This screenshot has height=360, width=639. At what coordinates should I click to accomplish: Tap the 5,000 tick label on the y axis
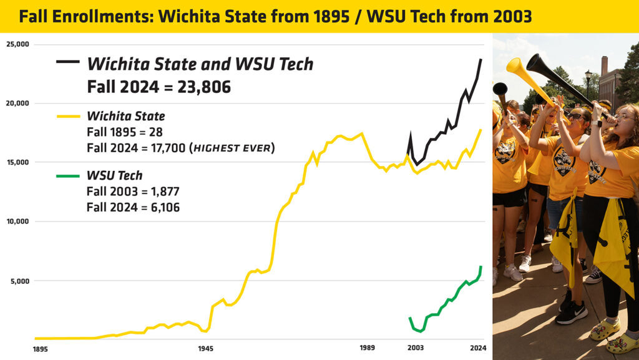(x=19, y=281)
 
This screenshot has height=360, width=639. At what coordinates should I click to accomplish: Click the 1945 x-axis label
(x=207, y=349)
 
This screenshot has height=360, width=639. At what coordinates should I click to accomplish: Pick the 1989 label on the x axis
(x=368, y=348)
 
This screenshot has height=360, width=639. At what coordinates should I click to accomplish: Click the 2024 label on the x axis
(x=478, y=348)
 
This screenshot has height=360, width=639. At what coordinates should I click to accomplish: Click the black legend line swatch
(x=67, y=62)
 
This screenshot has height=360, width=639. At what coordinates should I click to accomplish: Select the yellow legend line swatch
(x=67, y=116)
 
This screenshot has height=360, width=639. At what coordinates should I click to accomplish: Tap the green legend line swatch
(x=67, y=175)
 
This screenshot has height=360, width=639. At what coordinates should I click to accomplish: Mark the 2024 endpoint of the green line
(x=481, y=267)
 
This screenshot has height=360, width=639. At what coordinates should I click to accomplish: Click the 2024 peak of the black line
(x=481, y=59)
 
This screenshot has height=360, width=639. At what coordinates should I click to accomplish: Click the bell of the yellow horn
(x=514, y=66)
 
